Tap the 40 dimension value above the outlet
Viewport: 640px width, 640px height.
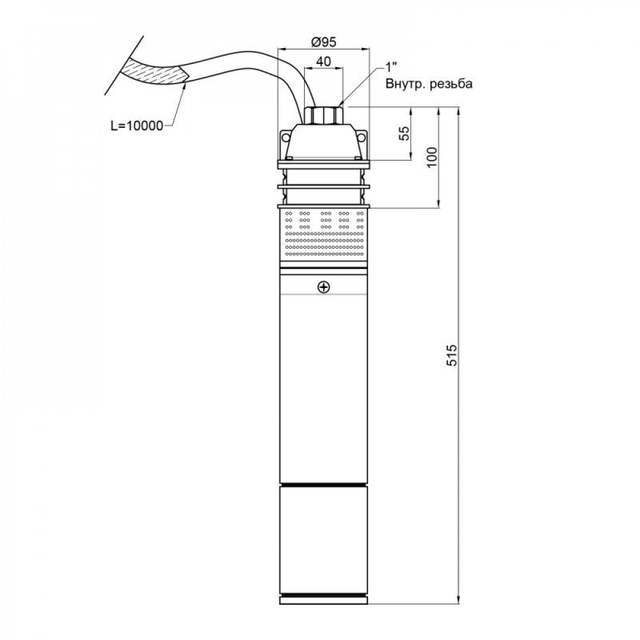coord(323,61)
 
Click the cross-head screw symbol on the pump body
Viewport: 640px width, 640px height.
coord(324,287)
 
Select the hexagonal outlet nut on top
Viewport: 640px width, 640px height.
coord(324,115)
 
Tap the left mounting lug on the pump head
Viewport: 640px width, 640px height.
coord(284,137)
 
